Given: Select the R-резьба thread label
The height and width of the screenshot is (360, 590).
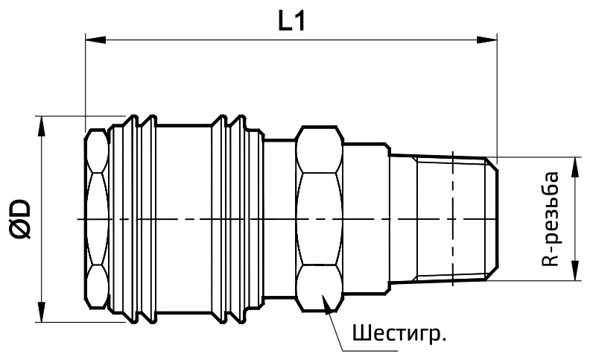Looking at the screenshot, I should coord(550,218).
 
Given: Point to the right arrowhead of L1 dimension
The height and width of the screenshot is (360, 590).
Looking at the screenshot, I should coord(490,40).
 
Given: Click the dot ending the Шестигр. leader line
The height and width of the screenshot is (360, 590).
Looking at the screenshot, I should coord(326,299).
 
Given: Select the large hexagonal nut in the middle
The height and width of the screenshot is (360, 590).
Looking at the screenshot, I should coord(319,218).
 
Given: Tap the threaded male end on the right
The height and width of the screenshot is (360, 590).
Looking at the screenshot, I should coord(447,218).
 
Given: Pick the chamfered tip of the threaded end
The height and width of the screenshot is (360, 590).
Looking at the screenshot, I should coord(492,218).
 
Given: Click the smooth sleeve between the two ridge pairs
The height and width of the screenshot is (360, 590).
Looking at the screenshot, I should coord(183,218).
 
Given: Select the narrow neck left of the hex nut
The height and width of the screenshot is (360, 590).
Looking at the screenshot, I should coord(279,218).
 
